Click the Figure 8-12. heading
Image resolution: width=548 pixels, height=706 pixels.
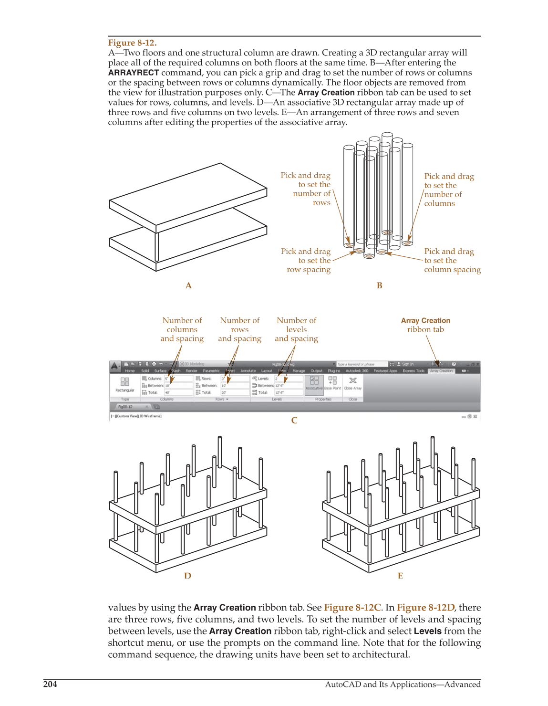click(132, 42)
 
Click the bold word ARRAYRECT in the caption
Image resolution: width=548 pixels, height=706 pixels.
click(133, 73)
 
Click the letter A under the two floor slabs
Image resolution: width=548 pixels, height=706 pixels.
click(188, 285)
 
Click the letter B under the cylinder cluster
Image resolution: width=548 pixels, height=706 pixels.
click(380, 285)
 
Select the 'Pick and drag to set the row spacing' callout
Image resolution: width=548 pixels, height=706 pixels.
click(308, 260)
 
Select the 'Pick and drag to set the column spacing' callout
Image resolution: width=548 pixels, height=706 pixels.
click(452, 260)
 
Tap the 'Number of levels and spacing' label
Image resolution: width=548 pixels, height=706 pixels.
click(296, 329)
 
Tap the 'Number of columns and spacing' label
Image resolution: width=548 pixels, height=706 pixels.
click(182, 329)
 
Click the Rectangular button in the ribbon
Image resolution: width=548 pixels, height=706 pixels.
click(124, 384)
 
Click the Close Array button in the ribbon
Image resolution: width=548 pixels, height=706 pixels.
click(353, 383)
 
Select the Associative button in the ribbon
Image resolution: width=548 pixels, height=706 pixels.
click(314, 383)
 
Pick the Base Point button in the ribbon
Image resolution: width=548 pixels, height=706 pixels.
click(332, 383)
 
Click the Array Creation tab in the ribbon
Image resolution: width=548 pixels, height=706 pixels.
click(441, 371)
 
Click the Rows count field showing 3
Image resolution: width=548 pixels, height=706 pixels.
click(235, 379)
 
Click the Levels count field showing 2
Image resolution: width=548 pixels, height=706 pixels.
click(288, 379)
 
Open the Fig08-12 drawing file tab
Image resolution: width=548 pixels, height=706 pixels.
click(126, 407)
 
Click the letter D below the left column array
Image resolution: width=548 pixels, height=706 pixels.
click(187, 576)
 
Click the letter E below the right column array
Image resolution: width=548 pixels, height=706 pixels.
click(400, 576)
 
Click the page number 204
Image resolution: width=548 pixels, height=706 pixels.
click(50, 684)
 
